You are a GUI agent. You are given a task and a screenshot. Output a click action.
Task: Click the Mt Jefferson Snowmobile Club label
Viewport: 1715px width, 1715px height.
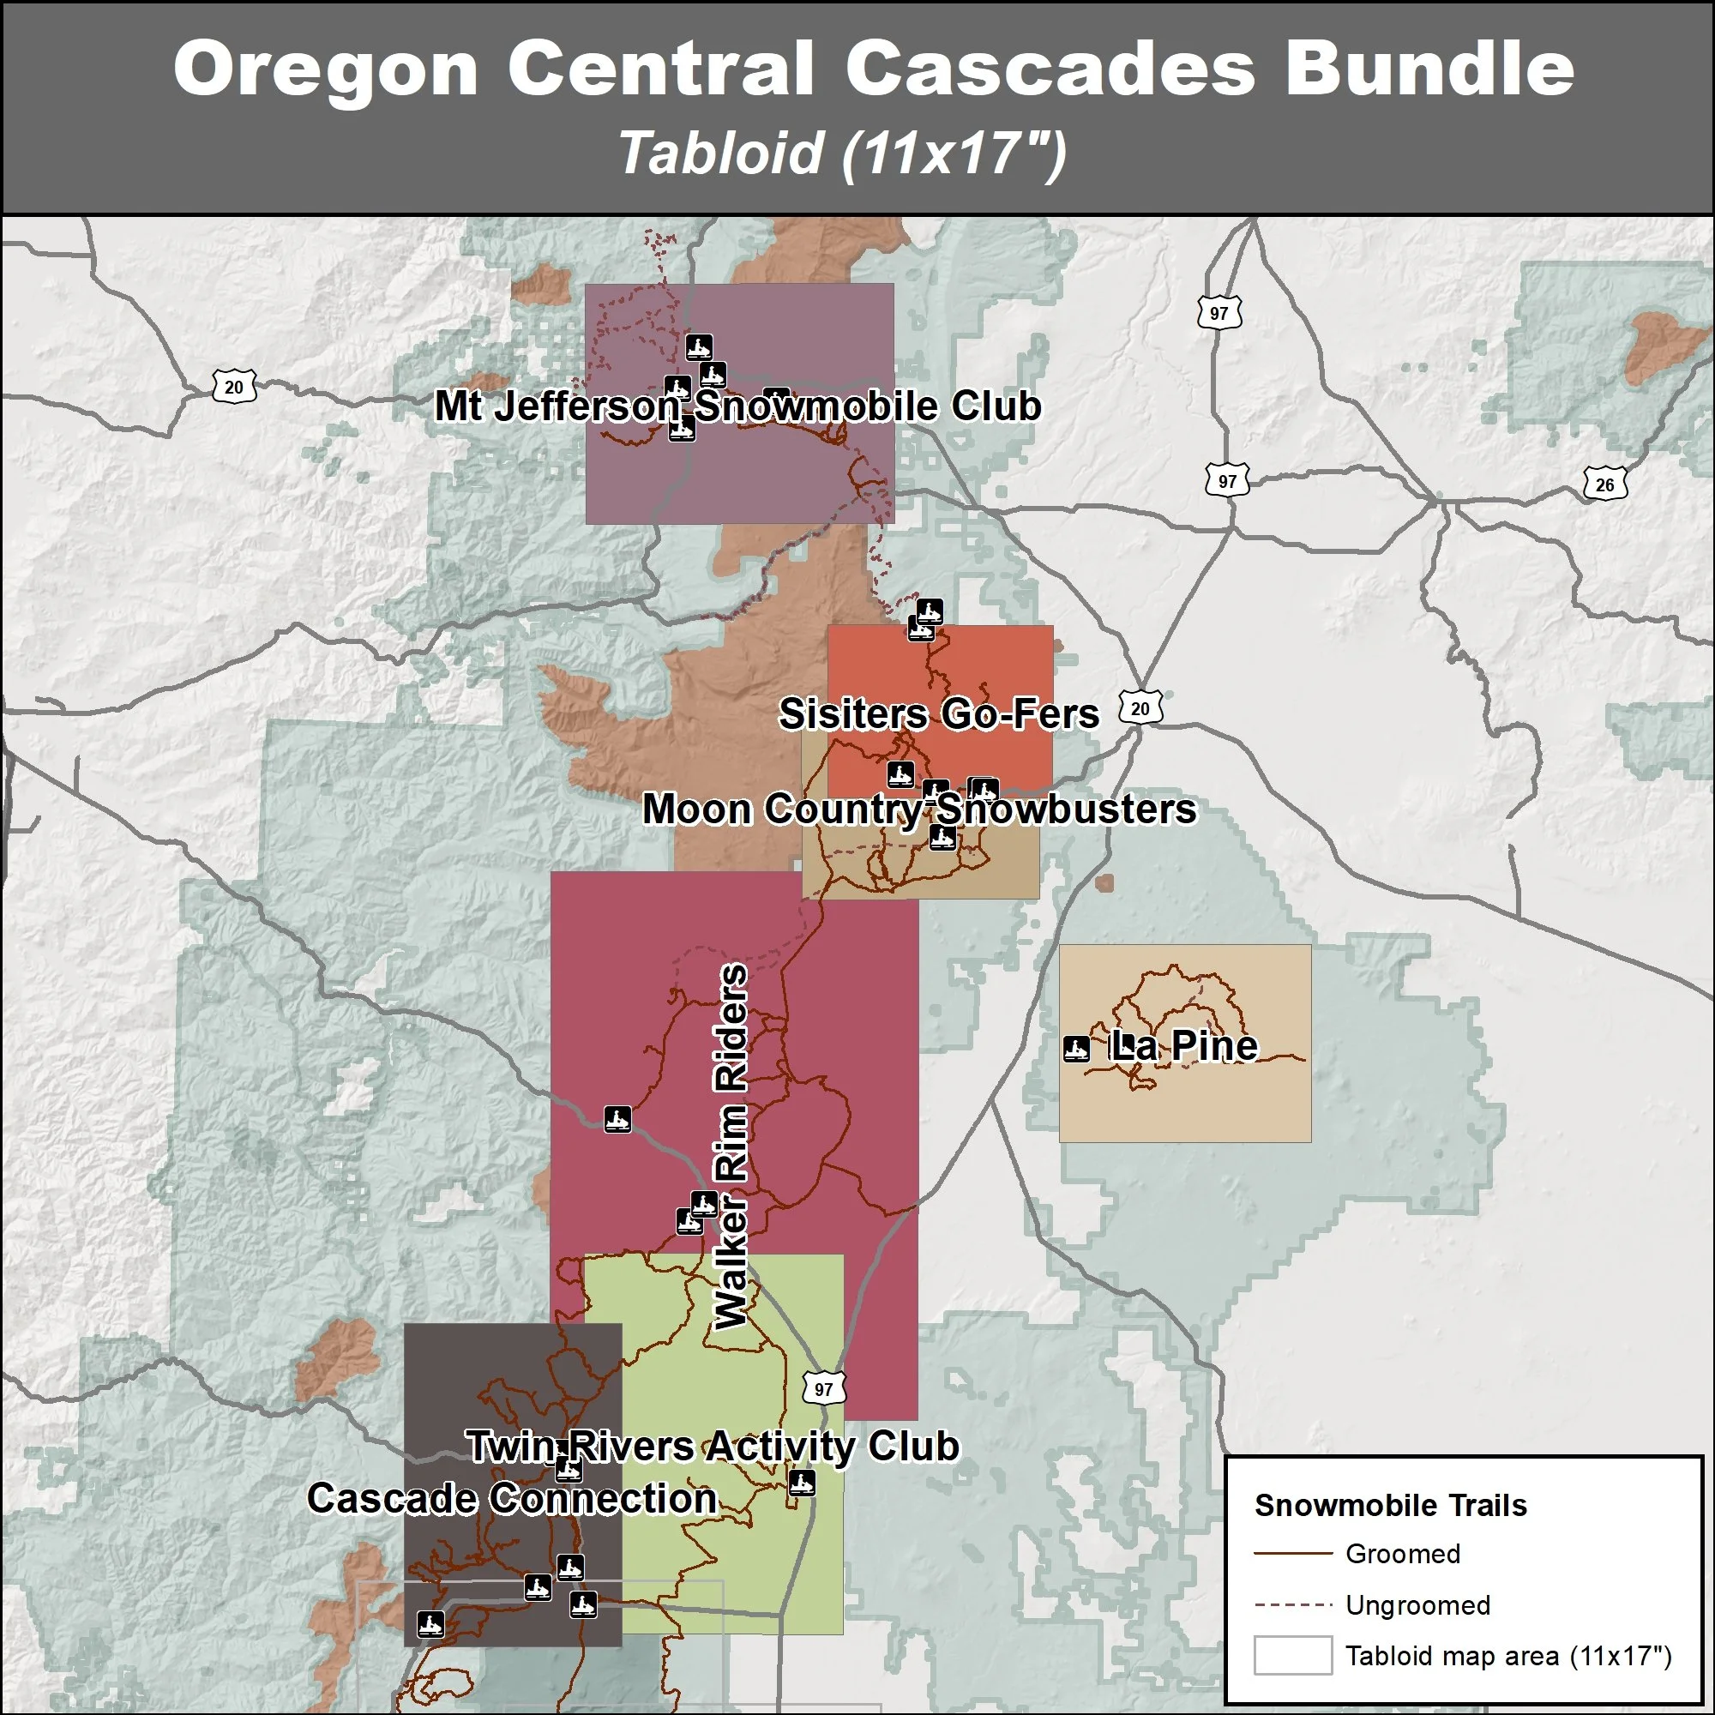[x=737, y=406]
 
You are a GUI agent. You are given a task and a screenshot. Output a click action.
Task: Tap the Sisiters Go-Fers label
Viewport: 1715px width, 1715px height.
[x=938, y=714]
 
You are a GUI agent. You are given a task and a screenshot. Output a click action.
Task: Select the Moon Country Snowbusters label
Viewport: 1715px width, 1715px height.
[x=918, y=809]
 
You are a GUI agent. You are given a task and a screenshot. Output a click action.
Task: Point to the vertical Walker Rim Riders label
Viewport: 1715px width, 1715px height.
[x=731, y=1146]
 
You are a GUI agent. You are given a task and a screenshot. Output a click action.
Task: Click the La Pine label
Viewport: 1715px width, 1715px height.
[x=1183, y=1045]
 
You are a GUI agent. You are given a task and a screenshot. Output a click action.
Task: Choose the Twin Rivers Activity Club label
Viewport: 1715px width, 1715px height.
[x=713, y=1446]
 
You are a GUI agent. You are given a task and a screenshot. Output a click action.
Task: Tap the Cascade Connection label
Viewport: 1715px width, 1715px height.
[x=512, y=1498]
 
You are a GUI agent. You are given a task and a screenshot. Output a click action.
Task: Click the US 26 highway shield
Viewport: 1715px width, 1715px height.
[x=1605, y=484]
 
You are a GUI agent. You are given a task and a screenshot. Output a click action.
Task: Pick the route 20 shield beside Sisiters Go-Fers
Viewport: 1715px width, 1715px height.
[x=1140, y=708]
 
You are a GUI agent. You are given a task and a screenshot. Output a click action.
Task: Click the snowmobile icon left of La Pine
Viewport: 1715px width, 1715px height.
[x=1077, y=1049]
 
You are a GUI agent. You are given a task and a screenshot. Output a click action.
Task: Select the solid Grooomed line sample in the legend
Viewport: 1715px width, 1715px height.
[x=1292, y=1554]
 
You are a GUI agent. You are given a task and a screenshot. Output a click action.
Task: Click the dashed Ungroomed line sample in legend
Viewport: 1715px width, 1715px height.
[x=1292, y=1604]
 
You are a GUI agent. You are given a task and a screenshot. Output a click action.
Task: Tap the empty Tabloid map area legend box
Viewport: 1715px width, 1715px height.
[x=1292, y=1656]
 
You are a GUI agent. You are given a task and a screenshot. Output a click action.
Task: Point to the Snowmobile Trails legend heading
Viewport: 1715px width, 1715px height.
[x=1390, y=1506]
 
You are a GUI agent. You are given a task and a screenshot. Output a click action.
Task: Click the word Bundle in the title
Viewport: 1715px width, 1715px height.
[x=1429, y=69]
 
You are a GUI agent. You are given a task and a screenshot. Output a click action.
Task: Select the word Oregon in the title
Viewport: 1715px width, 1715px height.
[x=326, y=69]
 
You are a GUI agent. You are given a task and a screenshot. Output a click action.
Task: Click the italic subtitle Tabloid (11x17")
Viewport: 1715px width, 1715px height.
[x=841, y=153]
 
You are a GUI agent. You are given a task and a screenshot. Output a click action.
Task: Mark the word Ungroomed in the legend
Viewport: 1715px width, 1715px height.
[x=1417, y=1605]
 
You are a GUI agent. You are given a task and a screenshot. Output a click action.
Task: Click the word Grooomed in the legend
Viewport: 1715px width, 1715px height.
[x=1403, y=1554]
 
